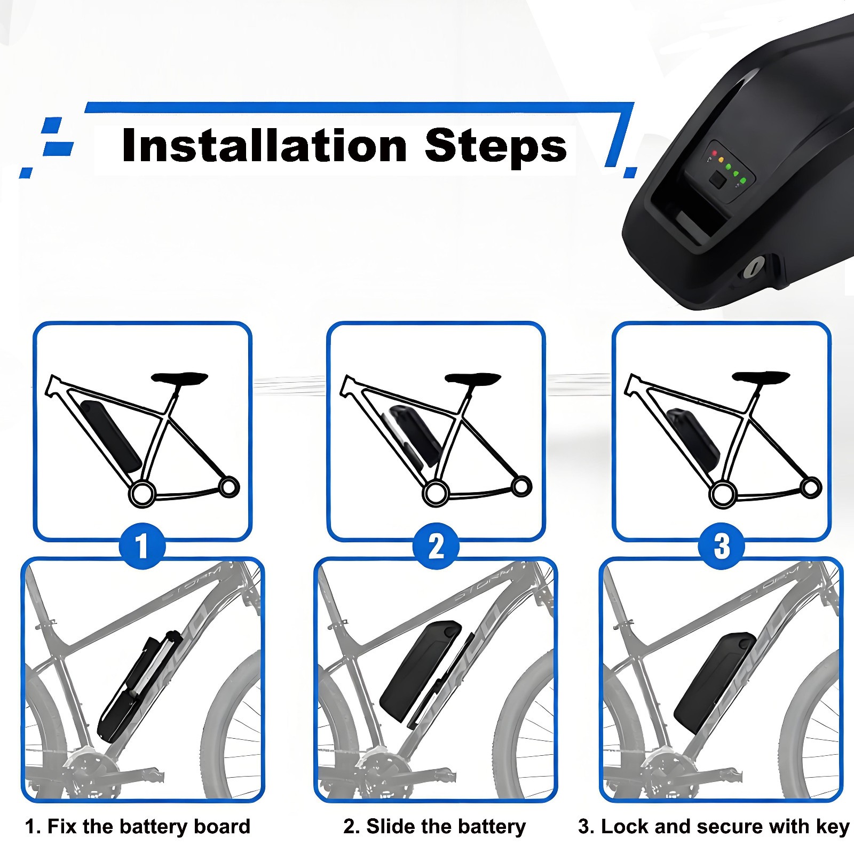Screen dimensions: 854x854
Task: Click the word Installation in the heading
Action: pos(265,146)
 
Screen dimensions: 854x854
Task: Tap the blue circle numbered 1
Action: pos(142,546)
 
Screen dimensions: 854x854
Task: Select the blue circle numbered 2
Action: pos(436,546)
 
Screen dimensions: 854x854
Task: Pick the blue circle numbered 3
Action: pos(721,546)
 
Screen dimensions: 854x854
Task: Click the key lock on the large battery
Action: pos(755,266)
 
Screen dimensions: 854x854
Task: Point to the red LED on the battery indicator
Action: pos(714,154)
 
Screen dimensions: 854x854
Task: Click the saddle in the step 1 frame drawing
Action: pos(179,378)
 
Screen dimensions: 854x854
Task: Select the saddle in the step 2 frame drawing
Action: pos(473,378)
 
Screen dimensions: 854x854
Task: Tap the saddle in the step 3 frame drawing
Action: pos(761,377)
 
